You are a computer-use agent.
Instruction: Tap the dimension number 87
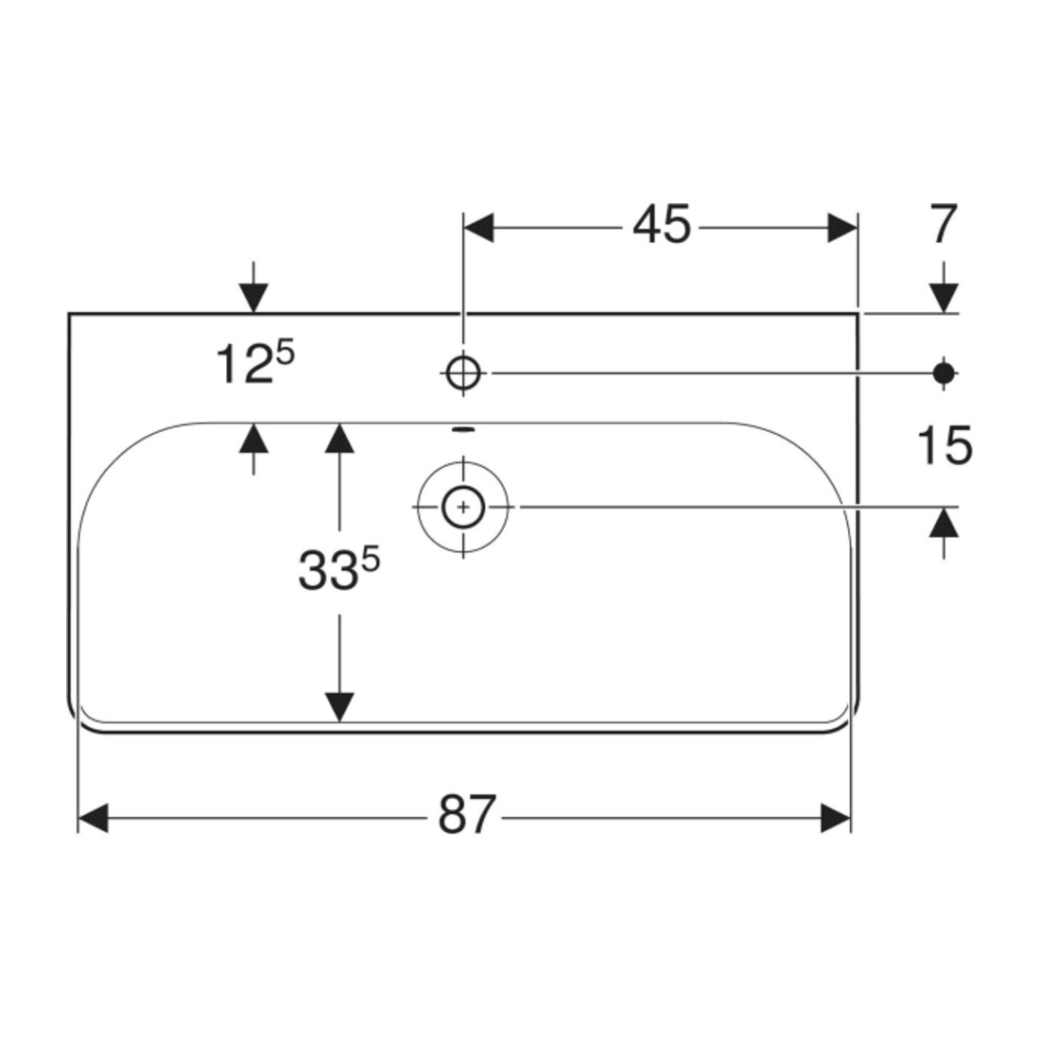pos(467,814)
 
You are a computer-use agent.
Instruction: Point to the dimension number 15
pos(945,445)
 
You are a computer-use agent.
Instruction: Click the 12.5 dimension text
pos(254,362)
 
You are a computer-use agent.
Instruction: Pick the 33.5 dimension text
pos(338,569)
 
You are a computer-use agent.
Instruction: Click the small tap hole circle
pos(463,373)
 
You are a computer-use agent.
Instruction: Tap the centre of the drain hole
pos(463,508)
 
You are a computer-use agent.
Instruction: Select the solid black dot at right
pos(944,373)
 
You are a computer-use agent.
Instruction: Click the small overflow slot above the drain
pos(463,430)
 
